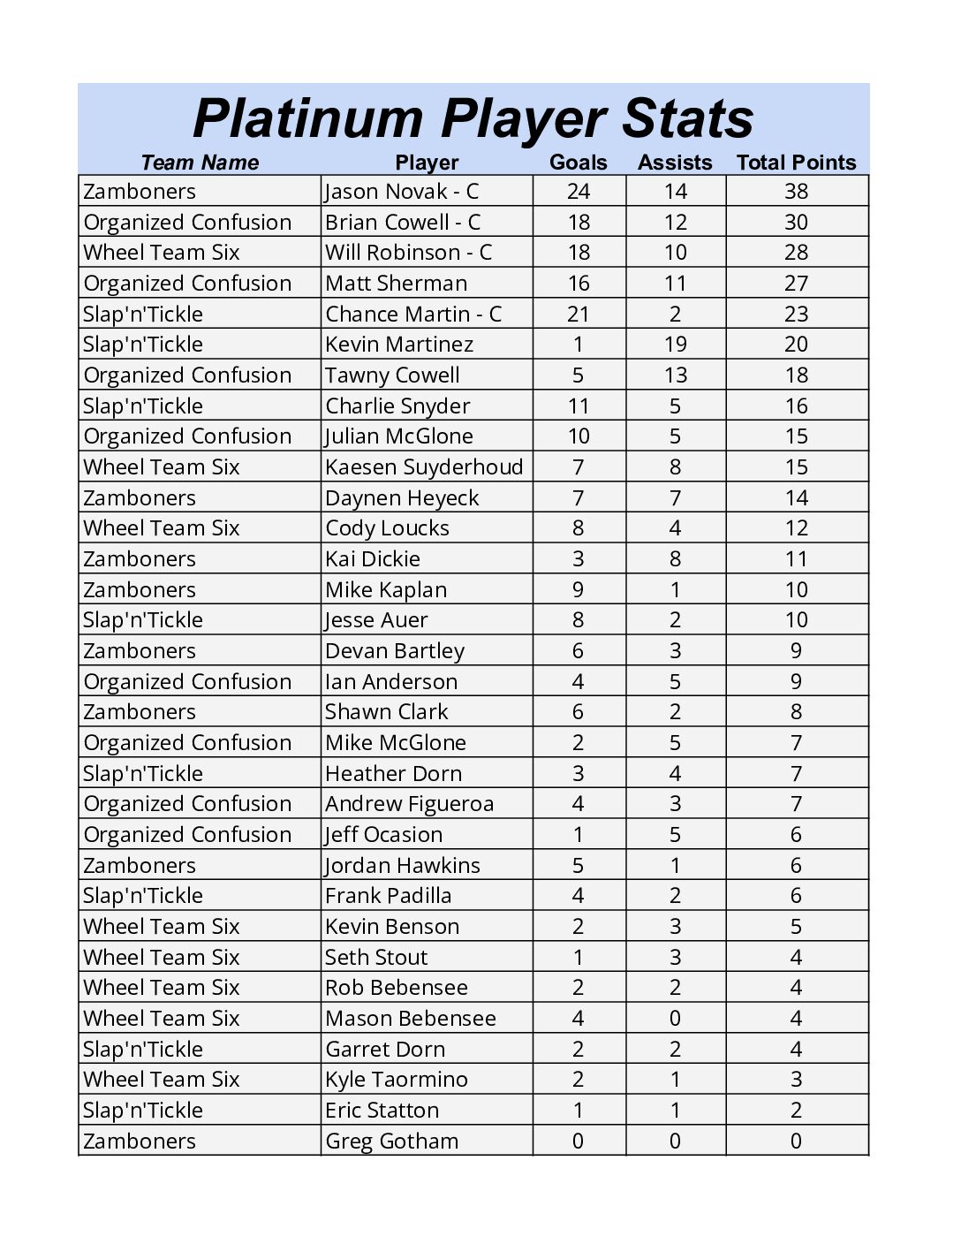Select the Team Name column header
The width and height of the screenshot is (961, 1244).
200,163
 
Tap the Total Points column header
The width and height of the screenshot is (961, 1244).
796,163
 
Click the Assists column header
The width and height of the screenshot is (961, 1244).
675,163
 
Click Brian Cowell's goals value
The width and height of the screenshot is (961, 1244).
579,223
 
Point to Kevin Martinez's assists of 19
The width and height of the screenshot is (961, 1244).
675,345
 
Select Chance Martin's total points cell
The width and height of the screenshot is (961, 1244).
796,315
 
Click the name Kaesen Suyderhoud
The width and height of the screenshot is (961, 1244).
424,467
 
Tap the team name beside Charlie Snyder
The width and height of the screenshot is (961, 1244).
143,406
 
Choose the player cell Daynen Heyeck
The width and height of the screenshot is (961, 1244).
402,498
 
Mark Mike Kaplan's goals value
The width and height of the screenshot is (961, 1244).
579,590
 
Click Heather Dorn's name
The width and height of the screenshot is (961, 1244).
393,774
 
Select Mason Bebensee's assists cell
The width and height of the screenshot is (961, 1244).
675,1019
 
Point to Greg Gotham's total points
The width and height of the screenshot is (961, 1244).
796,1142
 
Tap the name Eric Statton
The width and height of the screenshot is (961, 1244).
382,1111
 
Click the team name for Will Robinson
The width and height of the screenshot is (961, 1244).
162,253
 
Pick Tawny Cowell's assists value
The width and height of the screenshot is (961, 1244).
675,375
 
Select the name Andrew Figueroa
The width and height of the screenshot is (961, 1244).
409,804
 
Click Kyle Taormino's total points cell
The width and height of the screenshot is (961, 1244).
796,1080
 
